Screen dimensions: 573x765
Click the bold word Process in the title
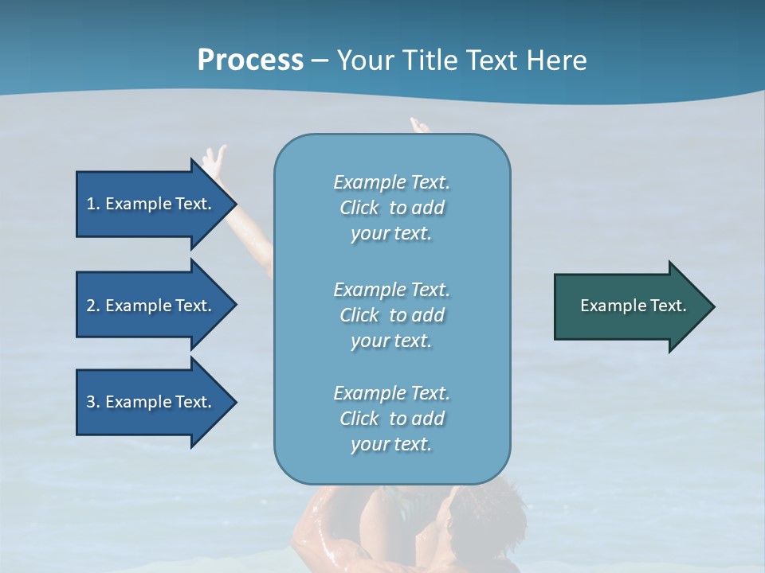click(x=250, y=60)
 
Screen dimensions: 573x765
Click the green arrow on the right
click(x=630, y=306)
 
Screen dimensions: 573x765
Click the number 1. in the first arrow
click(x=93, y=204)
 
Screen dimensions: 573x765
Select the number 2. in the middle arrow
click(x=93, y=306)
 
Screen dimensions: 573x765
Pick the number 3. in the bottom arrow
click(x=93, y=402)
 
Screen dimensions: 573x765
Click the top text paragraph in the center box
click(x=391, y=208)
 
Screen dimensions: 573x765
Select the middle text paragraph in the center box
click(x=391, y=315)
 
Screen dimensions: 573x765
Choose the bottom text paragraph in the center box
click(x=391, y=419)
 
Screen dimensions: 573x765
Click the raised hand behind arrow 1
click(x=213, y=159)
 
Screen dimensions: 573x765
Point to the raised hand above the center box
click(x=418, y=125)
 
